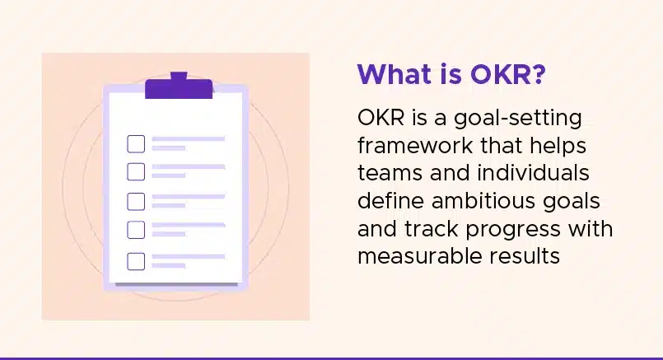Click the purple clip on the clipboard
pos(179,86)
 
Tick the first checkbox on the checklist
pos(136,144)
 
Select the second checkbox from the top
pos(136,171)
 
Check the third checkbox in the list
pos(136,201)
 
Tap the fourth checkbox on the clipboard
pos(136,230)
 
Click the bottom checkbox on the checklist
pos(136,261)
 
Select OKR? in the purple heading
pos(508,74)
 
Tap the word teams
pos(390,174)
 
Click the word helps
pos(558,147)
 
